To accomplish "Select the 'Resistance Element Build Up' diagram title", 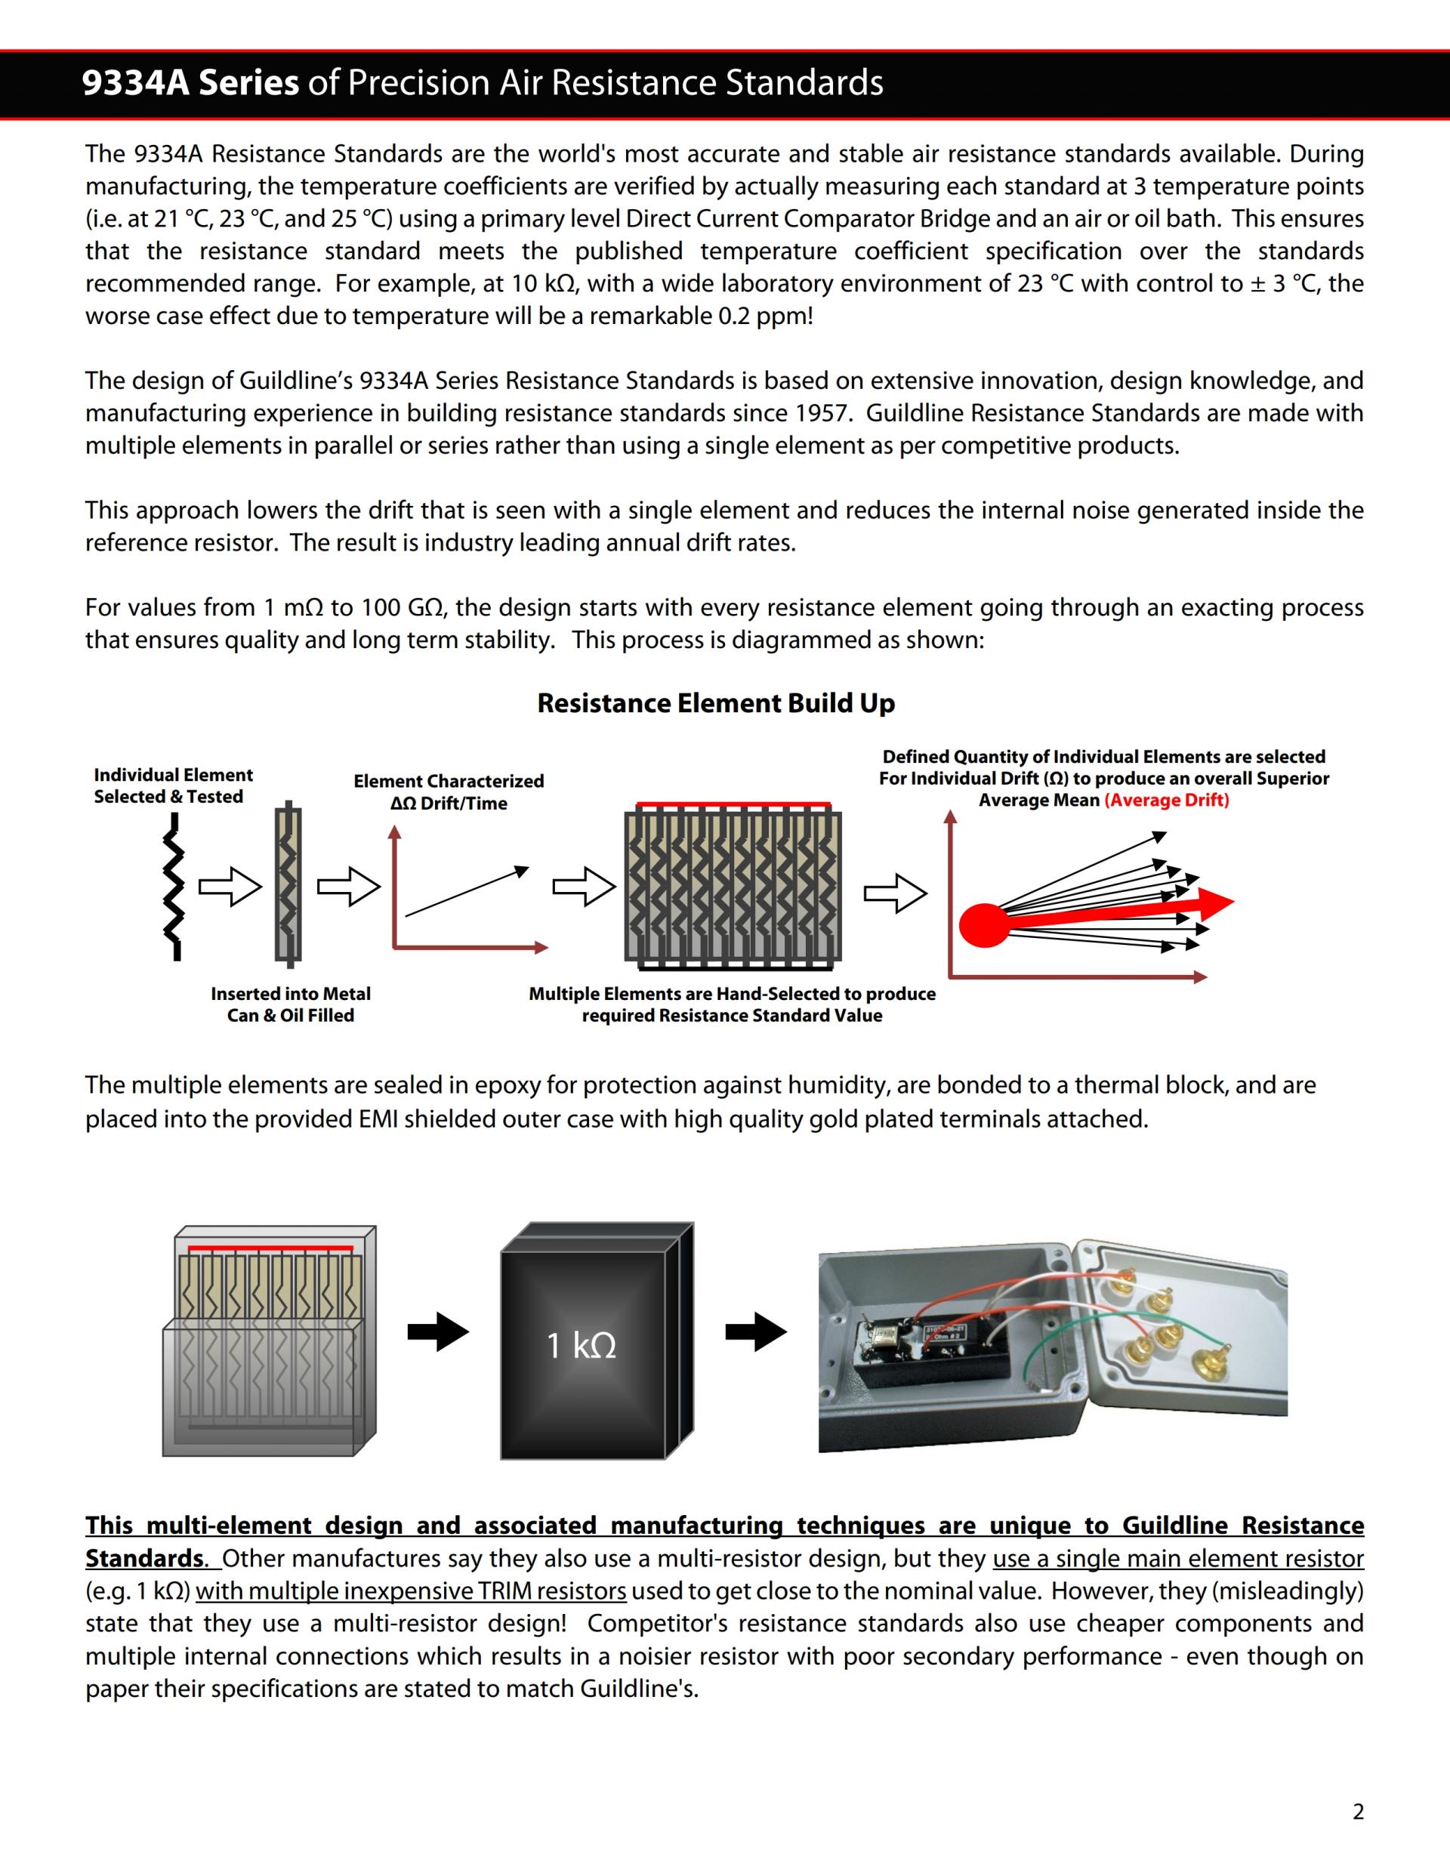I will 715,704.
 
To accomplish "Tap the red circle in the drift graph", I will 983,925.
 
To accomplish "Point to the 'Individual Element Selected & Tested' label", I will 173,786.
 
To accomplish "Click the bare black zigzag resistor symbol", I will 175,887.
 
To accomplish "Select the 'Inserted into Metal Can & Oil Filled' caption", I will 290,1004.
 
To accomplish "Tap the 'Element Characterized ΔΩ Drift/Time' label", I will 449,792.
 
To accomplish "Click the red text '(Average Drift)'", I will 1167,801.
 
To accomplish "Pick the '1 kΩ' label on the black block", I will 582,1345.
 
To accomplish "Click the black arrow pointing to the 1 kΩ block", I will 438,1332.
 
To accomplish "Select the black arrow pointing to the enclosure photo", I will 756,1332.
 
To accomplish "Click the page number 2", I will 1358,1813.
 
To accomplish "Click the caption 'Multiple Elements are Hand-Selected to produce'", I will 732,994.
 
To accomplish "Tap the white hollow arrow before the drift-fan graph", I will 895,893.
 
